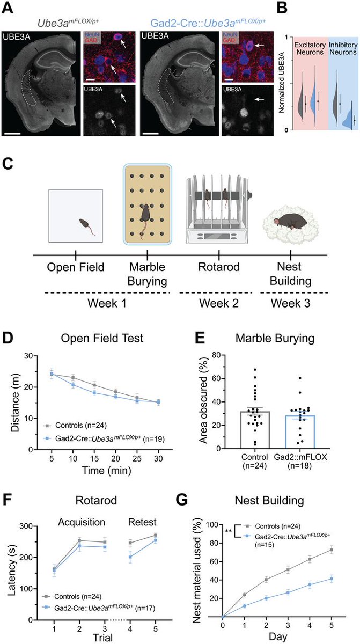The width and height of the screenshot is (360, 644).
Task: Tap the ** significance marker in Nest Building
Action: pyautogui.click(x=229, y=531)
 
